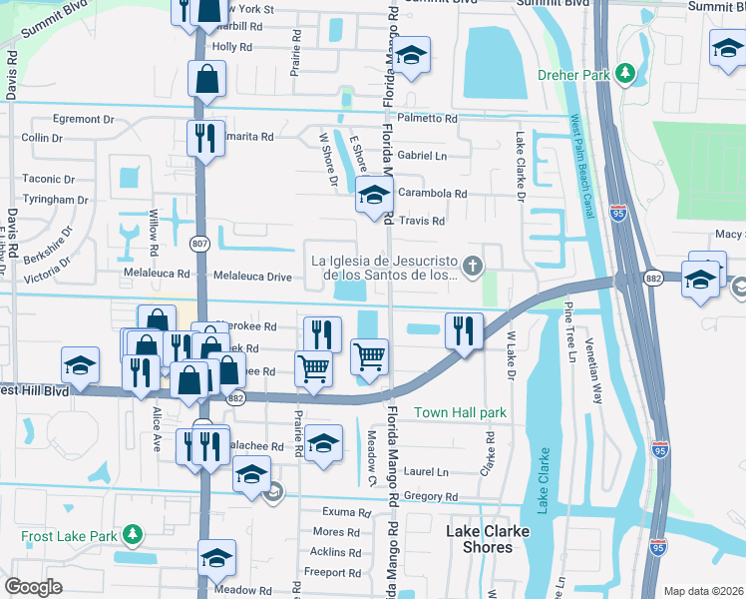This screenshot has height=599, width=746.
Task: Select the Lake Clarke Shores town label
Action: [486, 539]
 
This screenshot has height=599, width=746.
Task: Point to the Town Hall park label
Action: [460, 412]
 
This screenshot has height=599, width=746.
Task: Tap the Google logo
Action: [34, 587]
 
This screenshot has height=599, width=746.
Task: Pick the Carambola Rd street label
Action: [432, 194]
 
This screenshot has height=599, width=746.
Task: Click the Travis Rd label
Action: [421, 221]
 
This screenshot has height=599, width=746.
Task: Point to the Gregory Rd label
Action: [431, 496]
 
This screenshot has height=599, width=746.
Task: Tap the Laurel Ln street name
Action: [427, 472]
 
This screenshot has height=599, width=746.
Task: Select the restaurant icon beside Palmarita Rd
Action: [205, 138]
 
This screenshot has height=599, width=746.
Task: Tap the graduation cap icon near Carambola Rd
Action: [374, 197]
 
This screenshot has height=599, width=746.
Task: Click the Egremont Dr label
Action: [84, 119]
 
